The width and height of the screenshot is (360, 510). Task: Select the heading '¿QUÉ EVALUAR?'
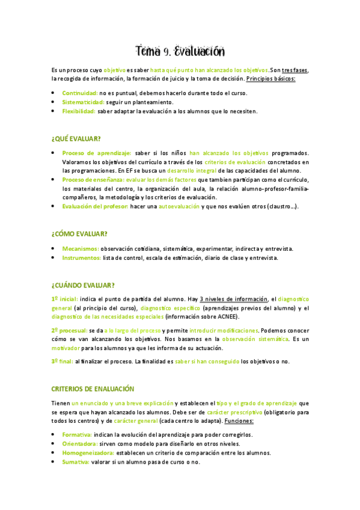coord(76,139)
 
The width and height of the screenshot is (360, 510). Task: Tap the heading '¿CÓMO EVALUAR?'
coord(80,233)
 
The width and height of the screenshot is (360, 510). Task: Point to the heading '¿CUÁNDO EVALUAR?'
coord(83,285)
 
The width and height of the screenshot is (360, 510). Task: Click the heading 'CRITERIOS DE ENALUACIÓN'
coord(93,389)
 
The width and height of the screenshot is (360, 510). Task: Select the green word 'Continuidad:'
coord(80,93)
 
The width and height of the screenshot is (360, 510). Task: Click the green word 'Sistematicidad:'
coord(84,102)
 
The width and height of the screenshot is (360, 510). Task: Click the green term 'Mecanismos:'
coord(81,248)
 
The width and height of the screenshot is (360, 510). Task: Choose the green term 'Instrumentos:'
coord(82,258)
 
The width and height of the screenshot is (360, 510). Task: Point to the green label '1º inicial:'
coord(65,299)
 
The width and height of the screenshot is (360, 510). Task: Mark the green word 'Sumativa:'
coord(76,462)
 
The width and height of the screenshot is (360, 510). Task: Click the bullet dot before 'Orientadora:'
coord(53,444)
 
